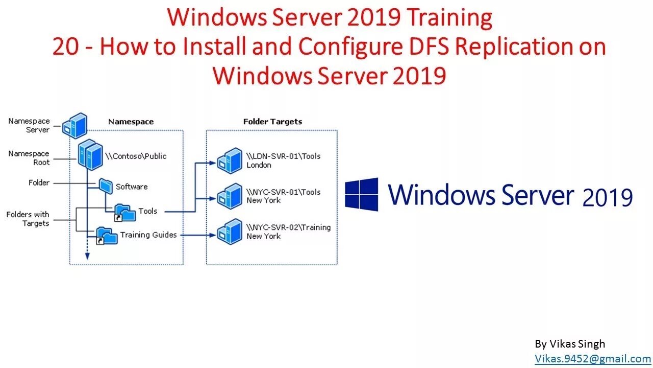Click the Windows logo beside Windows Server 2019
pos(362,194)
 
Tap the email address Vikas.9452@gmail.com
pos(592,359)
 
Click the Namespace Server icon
pos(74,126)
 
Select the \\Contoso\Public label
pos(136,156)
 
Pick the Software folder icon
pos(106,186)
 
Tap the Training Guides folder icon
pos(107,236)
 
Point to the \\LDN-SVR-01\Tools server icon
pos(230,160)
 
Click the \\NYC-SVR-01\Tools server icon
pos(230,196)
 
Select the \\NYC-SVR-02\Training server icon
pos(230,231)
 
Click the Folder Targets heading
pos(272,122)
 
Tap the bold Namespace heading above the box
pos(131,122)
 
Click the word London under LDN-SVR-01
pos(259,165)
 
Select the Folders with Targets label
pos(28,219)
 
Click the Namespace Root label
pos(29,157)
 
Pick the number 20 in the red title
pos(65,47)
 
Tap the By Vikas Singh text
pos(570,344)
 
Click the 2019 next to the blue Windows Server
pos(607,198)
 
